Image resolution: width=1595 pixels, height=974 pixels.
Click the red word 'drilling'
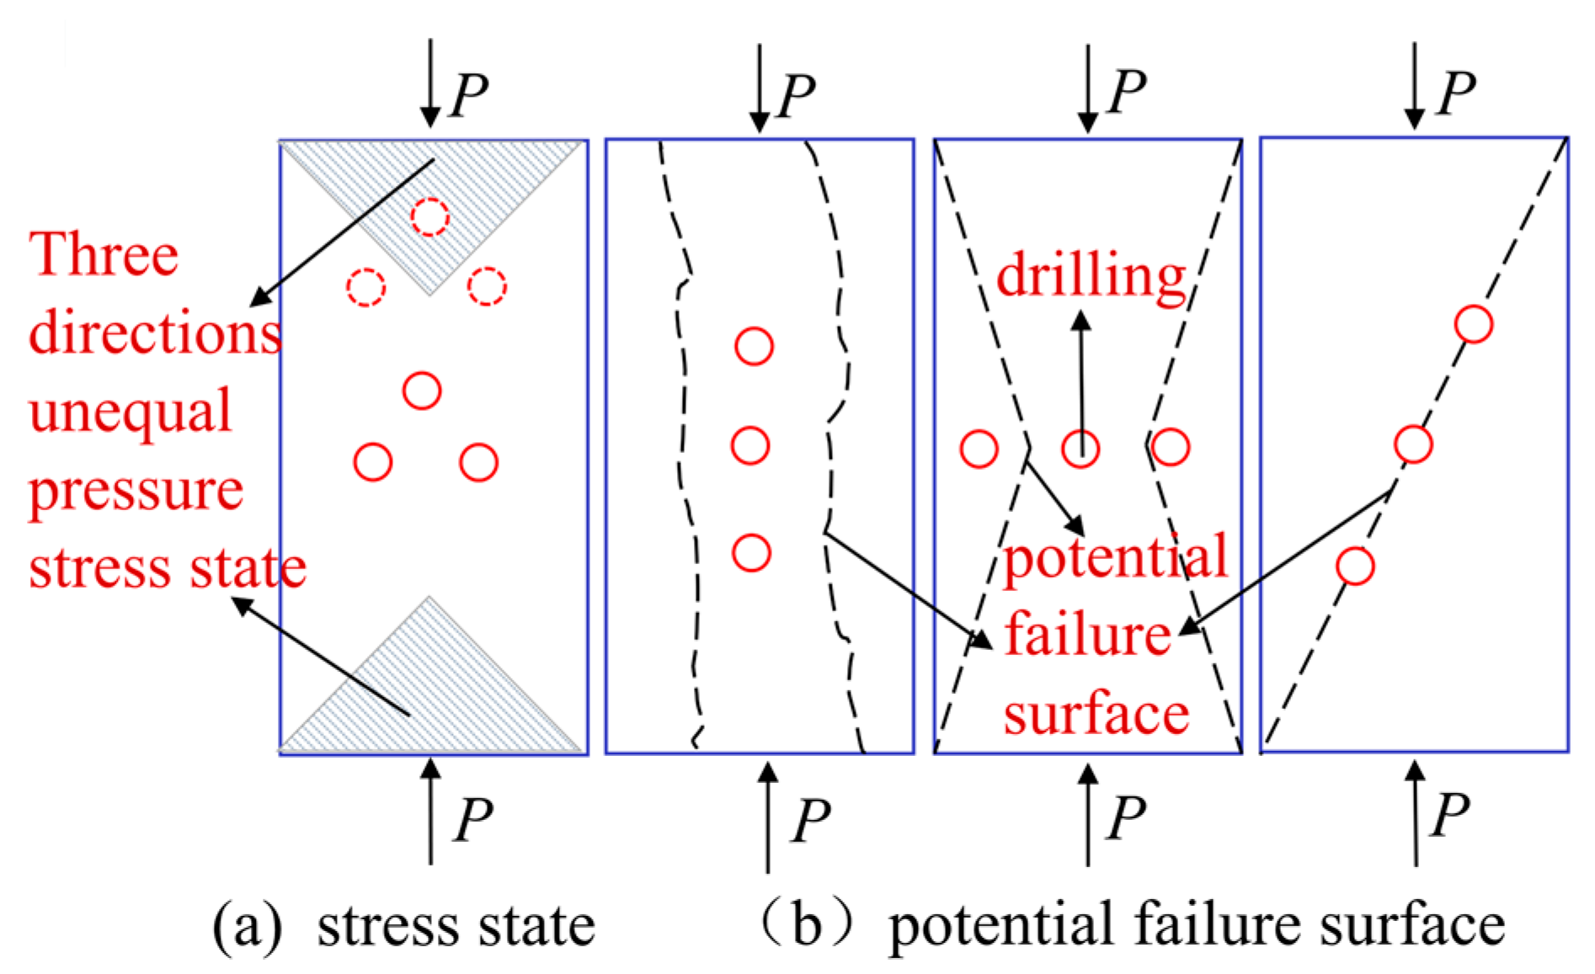[x=1091, y=275]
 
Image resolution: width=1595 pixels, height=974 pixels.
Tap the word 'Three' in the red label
[x=104, y=254]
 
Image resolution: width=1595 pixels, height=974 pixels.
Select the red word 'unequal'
[x=130, y=412]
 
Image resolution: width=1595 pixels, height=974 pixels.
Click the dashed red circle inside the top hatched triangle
[x=429, y=216]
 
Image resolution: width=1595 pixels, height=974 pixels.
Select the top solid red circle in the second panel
[x=754, y=346]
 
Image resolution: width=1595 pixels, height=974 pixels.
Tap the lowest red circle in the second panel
[x=751, y=553]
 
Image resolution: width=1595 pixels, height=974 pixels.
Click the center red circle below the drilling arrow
[x=1080, y=448]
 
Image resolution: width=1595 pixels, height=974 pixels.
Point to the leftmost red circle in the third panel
[x=979, y=449]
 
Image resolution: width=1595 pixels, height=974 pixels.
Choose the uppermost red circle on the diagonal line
[x=1474, y=324]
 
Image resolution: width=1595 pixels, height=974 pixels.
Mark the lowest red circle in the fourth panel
[x=1355, y=566]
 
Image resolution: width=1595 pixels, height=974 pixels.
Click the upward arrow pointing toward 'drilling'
[x=1082, y=370]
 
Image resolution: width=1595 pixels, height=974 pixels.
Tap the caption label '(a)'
[x=246, y=925]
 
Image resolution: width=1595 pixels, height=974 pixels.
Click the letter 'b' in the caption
[x=806, y=925]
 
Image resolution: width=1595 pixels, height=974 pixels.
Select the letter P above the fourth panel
[x=1456, y=92]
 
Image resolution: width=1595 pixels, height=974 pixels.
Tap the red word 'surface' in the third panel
[x=1096, y=715]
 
